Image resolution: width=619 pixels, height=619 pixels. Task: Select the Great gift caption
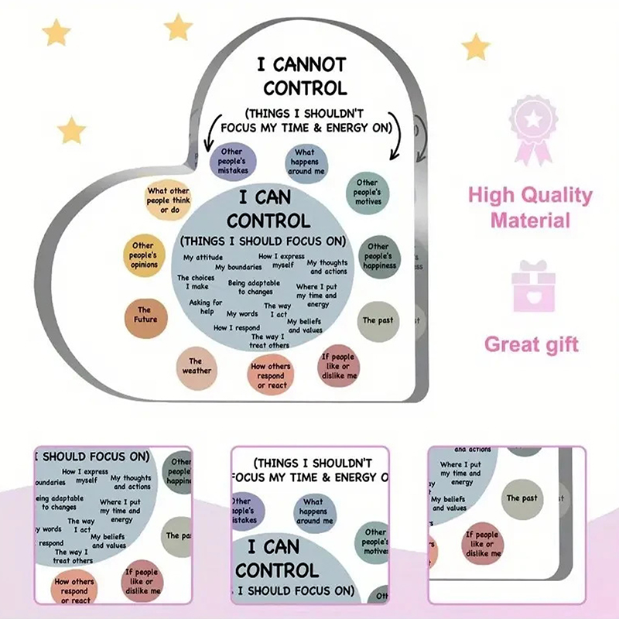coord(531,344)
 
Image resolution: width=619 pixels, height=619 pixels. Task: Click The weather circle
coord(196,366)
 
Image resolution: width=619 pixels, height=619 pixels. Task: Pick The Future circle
coord(147,315)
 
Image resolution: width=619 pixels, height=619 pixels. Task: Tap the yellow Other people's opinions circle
coord(144,255)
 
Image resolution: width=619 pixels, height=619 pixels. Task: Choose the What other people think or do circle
coord(168,200)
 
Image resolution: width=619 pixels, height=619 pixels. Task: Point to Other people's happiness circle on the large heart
coord(378,256)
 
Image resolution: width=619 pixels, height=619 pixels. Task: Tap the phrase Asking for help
coord(206,307)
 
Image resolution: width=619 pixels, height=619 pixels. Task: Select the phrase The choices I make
coord(196,282)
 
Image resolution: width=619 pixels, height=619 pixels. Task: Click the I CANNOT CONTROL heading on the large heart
coord(303,74)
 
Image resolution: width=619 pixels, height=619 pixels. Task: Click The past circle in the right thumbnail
coord(522,498)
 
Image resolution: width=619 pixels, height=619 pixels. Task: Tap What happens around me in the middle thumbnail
coord(313,511)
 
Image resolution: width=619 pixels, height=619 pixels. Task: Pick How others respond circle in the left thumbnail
coord(75,590)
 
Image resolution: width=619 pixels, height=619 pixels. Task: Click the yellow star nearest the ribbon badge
coord(476,47)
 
